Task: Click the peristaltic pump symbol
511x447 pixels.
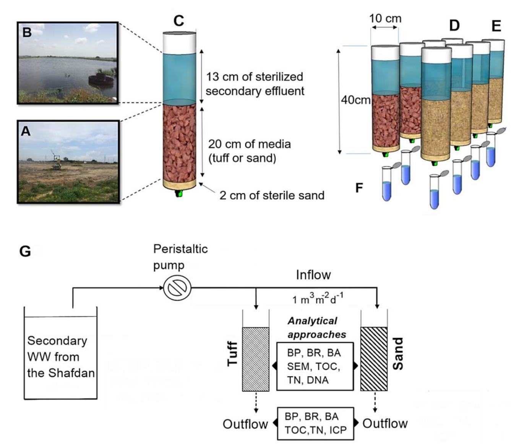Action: [x=177, y=288]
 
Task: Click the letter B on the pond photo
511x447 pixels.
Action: [x=27, y=32]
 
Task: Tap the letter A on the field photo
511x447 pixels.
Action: [x=26, y=131]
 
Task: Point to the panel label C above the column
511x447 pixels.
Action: [x=178, y=21]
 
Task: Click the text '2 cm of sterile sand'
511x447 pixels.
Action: [x=271, y=195]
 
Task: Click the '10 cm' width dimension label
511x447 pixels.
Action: [x=385, y=18]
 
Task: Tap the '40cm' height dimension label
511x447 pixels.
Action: [x=355, y=100]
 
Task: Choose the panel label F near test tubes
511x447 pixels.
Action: [x=359, y=188]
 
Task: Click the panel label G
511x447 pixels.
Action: [x=25, y=251]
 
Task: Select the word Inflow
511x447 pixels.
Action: [x=313, y=275]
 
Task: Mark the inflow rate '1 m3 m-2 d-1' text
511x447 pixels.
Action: [x=318, y=299]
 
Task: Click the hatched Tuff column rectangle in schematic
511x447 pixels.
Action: [x=256, y=359]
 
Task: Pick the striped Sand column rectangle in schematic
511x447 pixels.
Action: [x=374, y=359]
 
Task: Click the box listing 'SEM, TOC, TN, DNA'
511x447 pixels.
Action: [x=315, y=366]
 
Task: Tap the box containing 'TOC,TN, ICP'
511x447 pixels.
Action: [x=315, y=423]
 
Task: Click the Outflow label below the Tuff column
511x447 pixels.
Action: [x=245, y=424]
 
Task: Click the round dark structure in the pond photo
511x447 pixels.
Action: [x=99, y=80]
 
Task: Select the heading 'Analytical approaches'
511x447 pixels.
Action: [x=316, y=328]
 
